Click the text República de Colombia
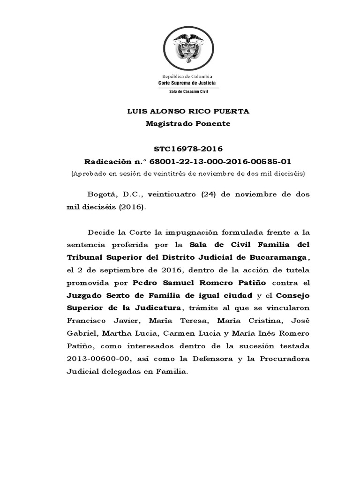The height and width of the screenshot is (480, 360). (x=187, y=76)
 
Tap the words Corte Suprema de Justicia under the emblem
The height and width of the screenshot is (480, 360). (x=187, y=83)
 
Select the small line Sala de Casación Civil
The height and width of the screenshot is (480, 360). (x=187, y=92)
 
